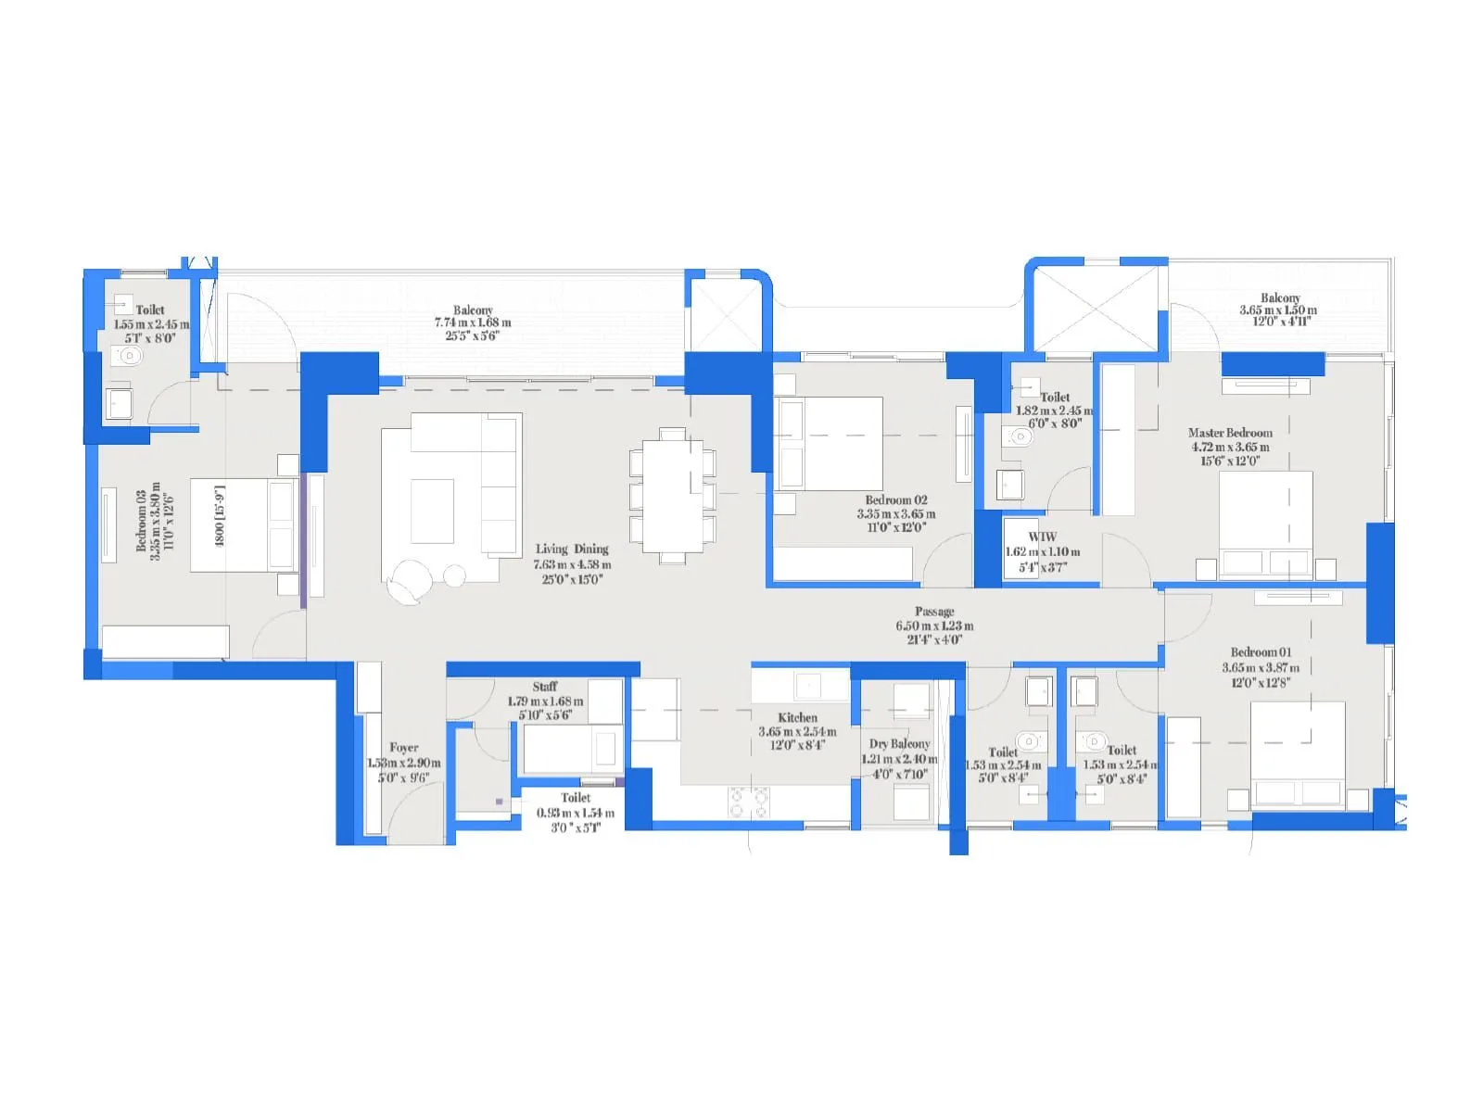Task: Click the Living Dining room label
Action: (572, 549)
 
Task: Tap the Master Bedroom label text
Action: (1230, 433)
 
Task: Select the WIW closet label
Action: (1042, 537)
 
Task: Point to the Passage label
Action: (934, 612)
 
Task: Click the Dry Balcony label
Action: (899, 744)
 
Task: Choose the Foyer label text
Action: (403, 748)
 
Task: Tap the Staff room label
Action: (545, 687)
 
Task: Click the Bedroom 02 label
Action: (895, 500)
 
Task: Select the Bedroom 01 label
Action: (1261, 652)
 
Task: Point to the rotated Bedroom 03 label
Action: (142, 521)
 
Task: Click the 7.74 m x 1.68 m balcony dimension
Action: (473, 322)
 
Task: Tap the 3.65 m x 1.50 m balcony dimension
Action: (1278, 310)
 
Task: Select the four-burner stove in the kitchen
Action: (748, 802)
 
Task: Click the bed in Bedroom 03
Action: (243, 525)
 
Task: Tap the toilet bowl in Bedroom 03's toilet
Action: (127, 356)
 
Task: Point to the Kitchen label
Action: (797, 718)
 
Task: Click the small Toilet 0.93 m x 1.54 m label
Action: (576, 798)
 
